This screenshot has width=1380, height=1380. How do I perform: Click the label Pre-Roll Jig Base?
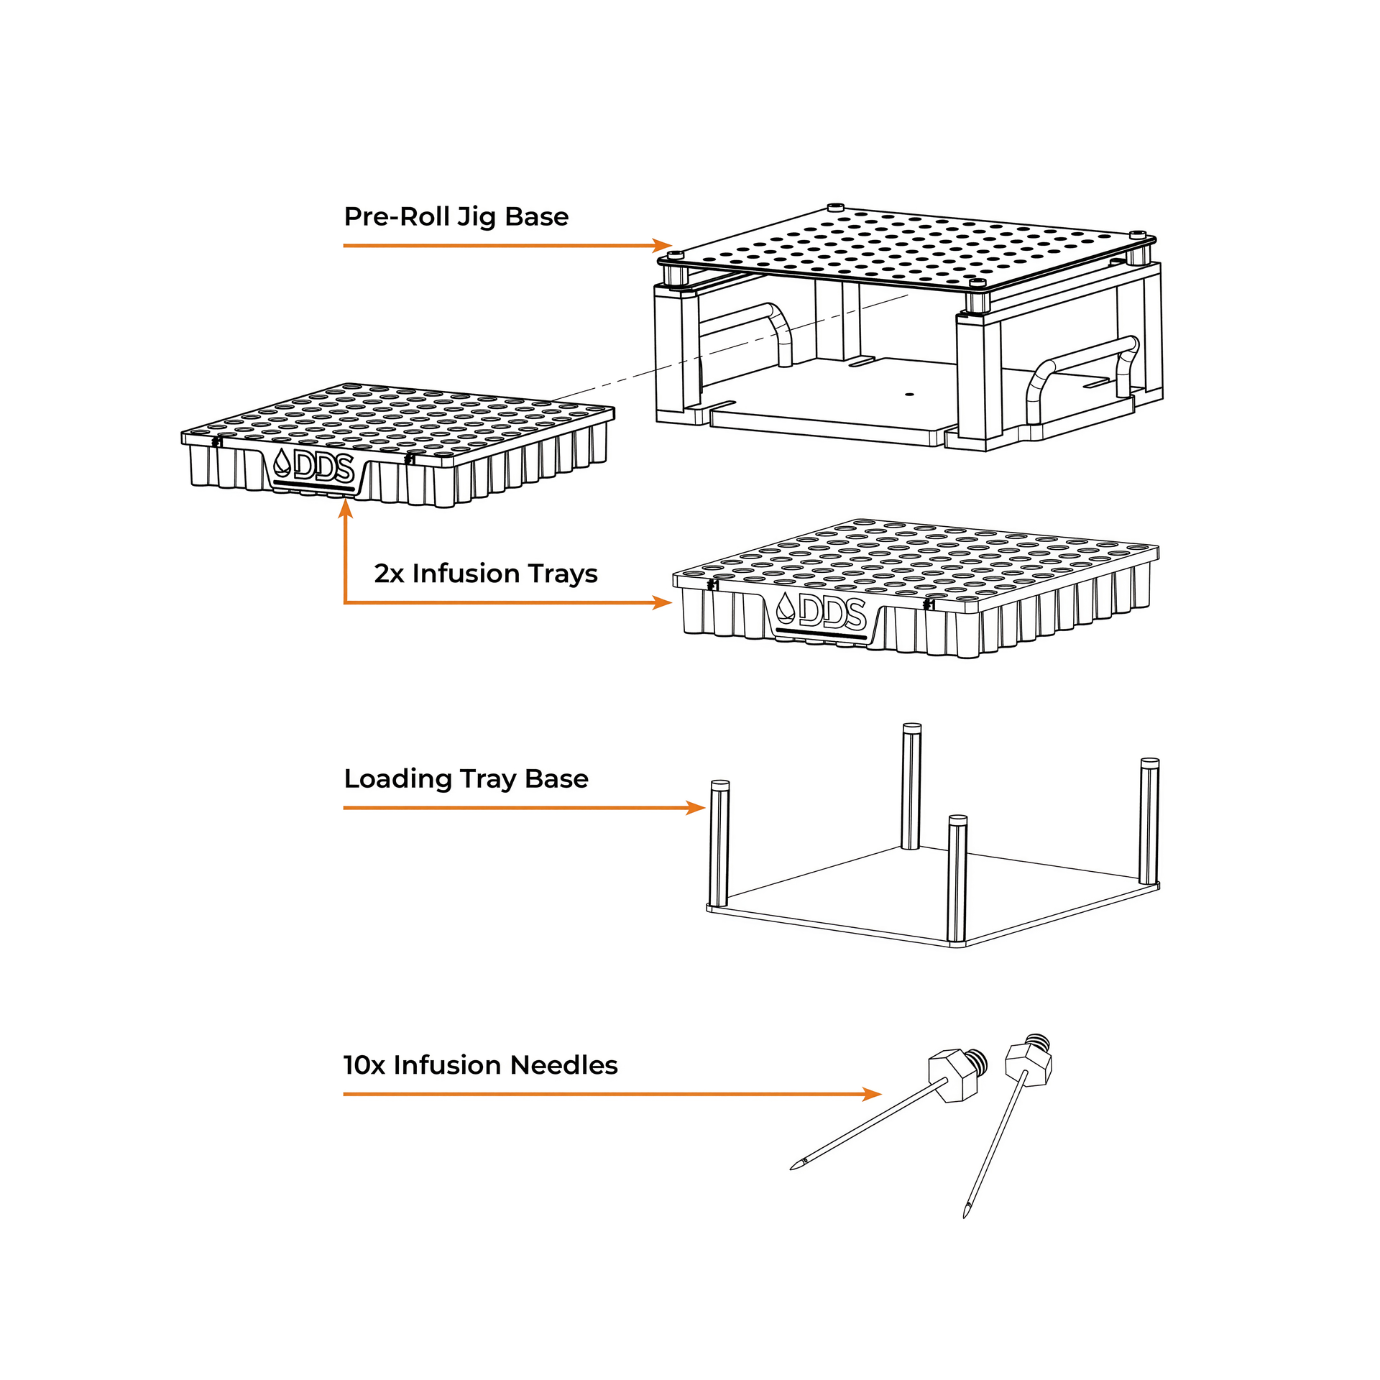pyautogui.click(x=456, y=217)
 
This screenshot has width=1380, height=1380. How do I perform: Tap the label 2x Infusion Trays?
pyautogui.click(x=485, y=574)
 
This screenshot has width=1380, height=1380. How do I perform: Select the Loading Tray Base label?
pyautogui.click(x=466, y=779)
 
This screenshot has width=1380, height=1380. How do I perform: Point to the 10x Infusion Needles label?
pyautogui.click(x=480, y=1065)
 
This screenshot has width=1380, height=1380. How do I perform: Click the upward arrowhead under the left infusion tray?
pyautogui.click(x=346, y=508)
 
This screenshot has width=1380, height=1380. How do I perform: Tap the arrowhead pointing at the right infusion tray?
pyautogui.click(x=663, y=602)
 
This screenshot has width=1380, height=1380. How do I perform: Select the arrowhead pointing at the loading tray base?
pyautogui.click(x=696, y=808)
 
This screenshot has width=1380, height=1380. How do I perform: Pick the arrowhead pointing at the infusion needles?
pyautogui.click(x=872, y=1095)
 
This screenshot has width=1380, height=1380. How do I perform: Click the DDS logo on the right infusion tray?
pyautogui.click(x=822, y=611)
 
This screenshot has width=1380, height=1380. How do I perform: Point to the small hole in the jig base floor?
pyautogui.click(x=909, y=395)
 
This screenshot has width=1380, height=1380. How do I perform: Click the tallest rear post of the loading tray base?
pyautogui.click(x=911, y=786)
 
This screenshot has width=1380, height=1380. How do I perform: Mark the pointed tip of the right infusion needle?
pyautogui.click(x=966, y=1214)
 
